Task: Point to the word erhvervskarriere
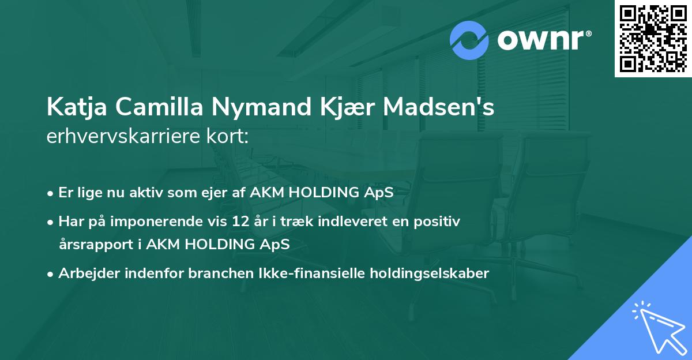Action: tap(122, 137)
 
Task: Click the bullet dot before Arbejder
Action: tap(51, 274)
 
